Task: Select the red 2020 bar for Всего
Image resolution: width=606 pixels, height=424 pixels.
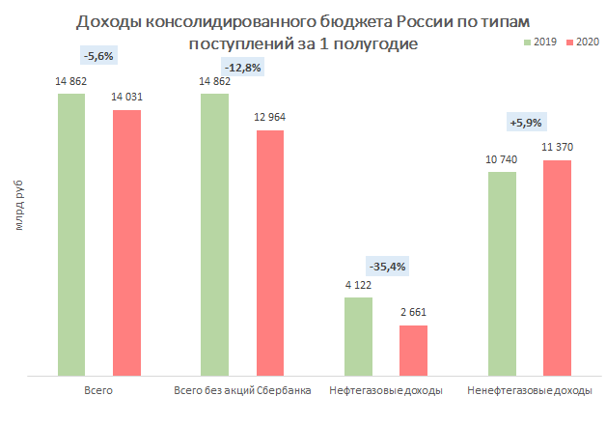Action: click(x=126, y=241)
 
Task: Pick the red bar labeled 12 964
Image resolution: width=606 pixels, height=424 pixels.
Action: click(x=269, y=251)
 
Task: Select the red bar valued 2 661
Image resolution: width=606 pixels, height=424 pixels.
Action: click(x=413, y=350)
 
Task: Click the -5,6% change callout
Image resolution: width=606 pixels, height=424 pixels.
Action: click(x=98, y=56)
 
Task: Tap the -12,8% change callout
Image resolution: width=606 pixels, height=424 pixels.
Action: click(x=241, y=68)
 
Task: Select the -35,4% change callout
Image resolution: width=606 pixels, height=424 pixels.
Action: click(x=387, y=266)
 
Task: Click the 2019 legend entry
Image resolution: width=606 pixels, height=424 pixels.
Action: click(x=542, y=42)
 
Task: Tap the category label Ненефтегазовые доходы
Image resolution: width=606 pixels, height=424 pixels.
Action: click(x=529, y=391)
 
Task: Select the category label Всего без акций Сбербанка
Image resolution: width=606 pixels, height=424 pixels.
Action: click(x=241, y=391)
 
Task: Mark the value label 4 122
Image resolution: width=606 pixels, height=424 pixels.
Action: click(x=358, y=285)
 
